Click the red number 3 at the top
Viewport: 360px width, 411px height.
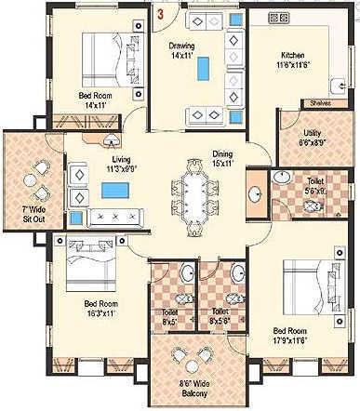(x=161, y=15)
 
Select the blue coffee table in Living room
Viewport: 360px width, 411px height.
(x=114, y=192)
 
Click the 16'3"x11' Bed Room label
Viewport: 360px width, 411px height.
(x=100, y=309)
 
